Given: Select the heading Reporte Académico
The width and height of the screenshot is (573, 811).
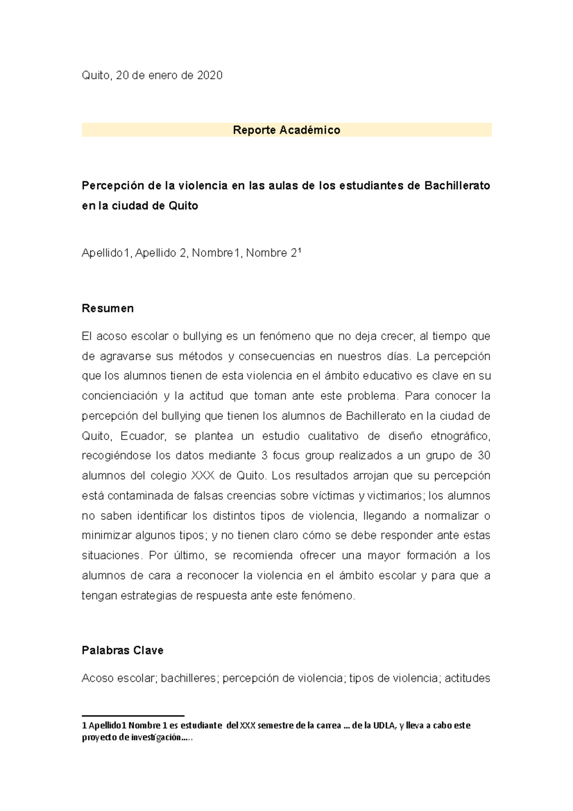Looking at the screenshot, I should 286,130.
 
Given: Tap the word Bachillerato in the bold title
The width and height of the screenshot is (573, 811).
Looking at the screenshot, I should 457,186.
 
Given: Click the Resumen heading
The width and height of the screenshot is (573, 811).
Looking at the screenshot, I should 107,309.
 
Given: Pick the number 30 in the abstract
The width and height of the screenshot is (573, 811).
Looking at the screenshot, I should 484,456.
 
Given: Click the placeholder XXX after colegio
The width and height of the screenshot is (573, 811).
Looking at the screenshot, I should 202,476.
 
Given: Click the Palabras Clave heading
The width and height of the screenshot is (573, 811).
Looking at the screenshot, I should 123,651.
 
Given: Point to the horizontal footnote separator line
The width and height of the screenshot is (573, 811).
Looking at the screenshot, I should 133,716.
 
